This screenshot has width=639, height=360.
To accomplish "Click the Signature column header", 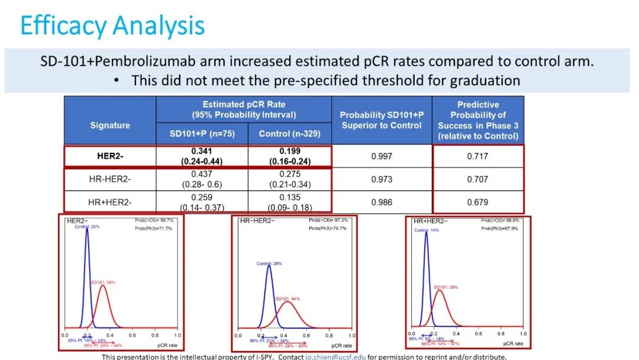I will pyautogui.click(x=109, y=126).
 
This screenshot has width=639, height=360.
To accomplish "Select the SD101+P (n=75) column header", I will pyautogui.click(x=202, y=134).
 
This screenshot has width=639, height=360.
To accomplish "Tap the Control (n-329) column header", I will pyautogui.click(x=289, y=134).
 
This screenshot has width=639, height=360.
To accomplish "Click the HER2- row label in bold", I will pyautogui.click(x=109, y=156).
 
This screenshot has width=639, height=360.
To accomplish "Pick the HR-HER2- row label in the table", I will pyautogui.click(x=109, y=179).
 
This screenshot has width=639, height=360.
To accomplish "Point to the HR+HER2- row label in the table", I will pyautogui.click(x=109, y=202).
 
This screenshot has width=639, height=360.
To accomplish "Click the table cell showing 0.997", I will pyautogui.click(x=381, y=156).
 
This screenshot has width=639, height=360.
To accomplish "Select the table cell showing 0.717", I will pyautogui.click(x=477, y=156).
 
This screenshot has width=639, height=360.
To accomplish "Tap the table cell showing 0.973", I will pyautogui.click(x=381, y=179).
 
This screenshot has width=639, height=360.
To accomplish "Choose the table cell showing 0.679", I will pyautogui.click(x=477, y=202).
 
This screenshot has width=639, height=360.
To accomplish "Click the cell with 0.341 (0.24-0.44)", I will pyautogui.click(x=202, y=156).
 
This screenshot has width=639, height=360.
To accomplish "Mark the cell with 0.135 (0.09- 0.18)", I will pyautogui.click(x=289, y=202).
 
